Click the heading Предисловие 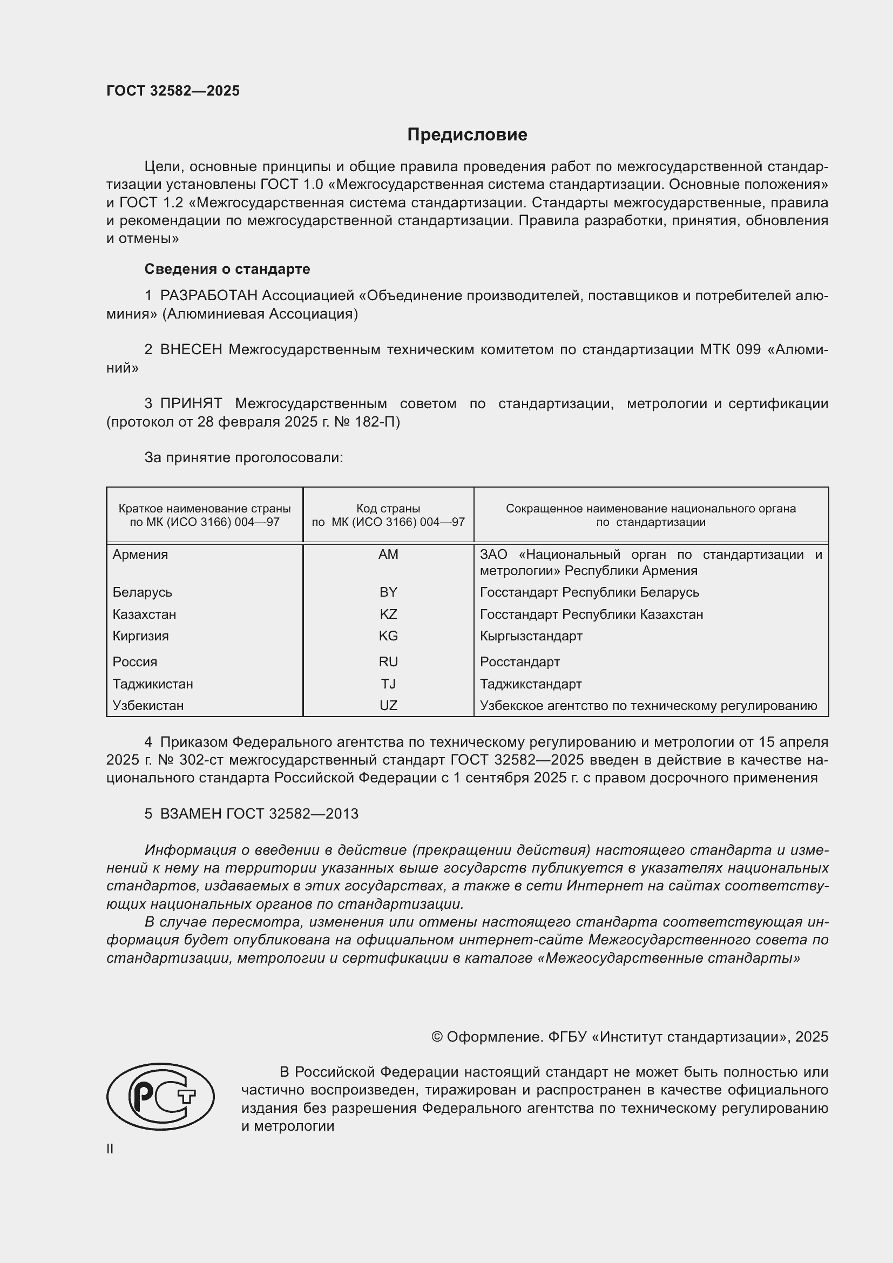click(x=467, y=135)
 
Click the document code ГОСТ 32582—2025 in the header click(x=173, y=91)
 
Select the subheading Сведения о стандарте click(x=227, y=269)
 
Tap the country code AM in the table click(x=388, y=555)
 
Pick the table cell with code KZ click(x=388, y=614)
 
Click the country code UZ click(x=388, y=705)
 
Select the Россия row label click(x=135, y=662)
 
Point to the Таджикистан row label click(x=153, y=684)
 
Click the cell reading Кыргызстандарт click(x=531, y=636)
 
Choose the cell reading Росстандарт click(x=519, y=662)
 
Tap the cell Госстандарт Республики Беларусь click(x=589, y=592)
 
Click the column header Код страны click(x=388, y=509)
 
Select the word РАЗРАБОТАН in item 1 click(x=208, y=296)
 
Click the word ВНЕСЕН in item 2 click(x=191, y=350)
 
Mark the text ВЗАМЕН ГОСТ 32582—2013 click(x=259, y=814)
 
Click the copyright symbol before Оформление click(x=437, y=1037)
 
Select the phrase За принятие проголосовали click(x=243, y=458)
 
